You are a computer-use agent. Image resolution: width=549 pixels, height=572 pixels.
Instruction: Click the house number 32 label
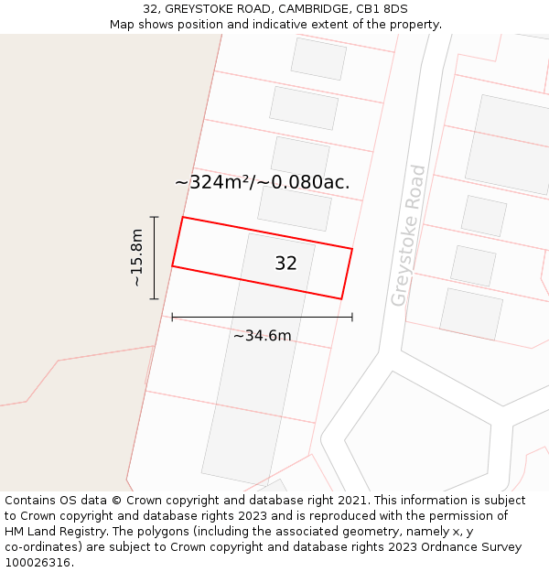285,264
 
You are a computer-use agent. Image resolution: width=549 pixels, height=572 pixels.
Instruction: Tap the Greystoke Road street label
408,235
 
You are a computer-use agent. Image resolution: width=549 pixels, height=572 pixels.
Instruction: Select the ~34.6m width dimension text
262,336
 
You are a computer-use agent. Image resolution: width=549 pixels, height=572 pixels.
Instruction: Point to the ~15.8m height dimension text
137,258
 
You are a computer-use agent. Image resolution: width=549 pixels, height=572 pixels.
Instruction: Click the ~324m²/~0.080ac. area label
262,182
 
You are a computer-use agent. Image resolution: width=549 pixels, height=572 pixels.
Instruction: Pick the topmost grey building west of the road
318,59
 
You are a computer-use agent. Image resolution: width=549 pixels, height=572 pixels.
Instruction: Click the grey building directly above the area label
300,156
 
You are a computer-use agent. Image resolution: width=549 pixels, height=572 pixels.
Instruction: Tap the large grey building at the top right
509,144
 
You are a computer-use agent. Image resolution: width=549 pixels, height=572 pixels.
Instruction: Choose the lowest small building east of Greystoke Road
471,314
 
